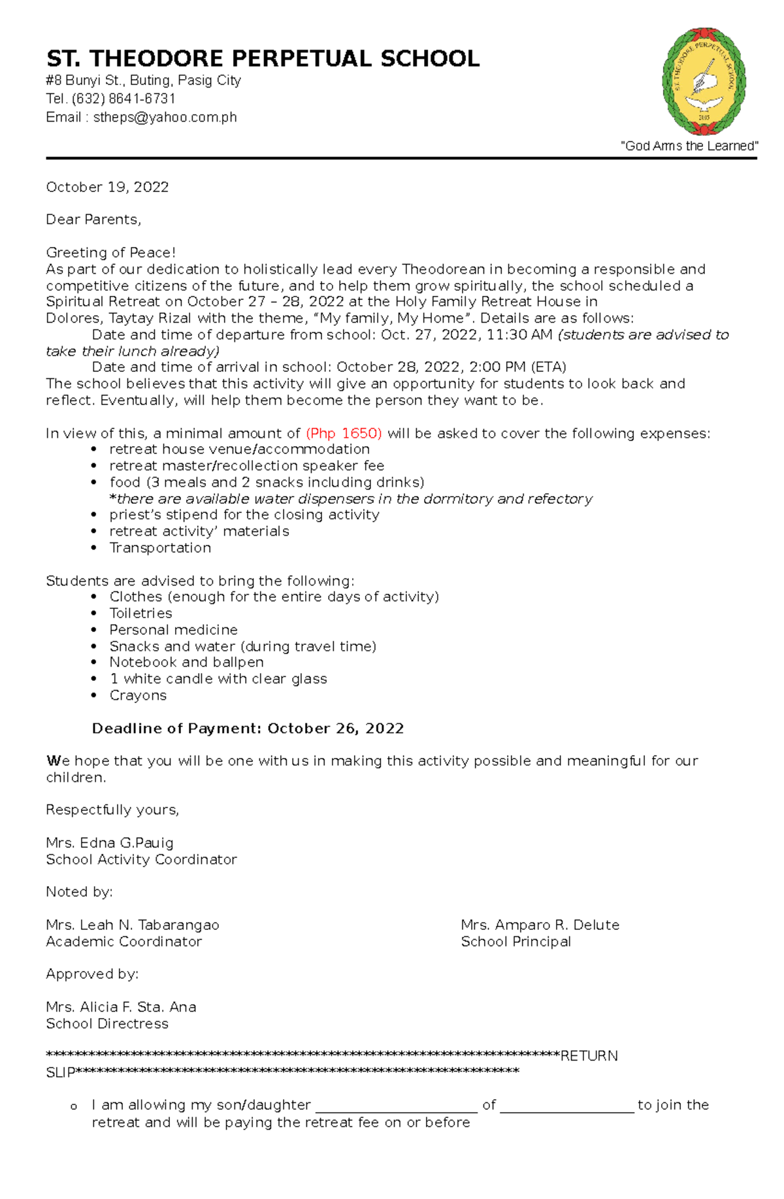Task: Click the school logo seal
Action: (704, 82)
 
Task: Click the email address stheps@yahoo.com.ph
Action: (165, 118)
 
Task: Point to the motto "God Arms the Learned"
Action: (689, 146)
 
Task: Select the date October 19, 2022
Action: (107, 188)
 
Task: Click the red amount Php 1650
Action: (344, 433)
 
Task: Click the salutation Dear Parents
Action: (93, 220)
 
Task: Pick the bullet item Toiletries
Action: (140, 614)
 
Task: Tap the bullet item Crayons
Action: (138, 695)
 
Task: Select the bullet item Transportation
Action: (160, 548)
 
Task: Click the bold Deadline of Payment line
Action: (248, 729)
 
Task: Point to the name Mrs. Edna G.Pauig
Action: (110, 843)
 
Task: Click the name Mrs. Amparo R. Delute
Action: (540, 925)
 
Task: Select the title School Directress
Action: (107, 1024)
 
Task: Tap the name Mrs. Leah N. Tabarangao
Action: (133, 925)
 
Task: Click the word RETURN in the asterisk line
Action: (589, 1057)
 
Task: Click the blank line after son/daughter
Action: (397, 1106)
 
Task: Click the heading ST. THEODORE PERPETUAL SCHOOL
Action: (263, 59)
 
